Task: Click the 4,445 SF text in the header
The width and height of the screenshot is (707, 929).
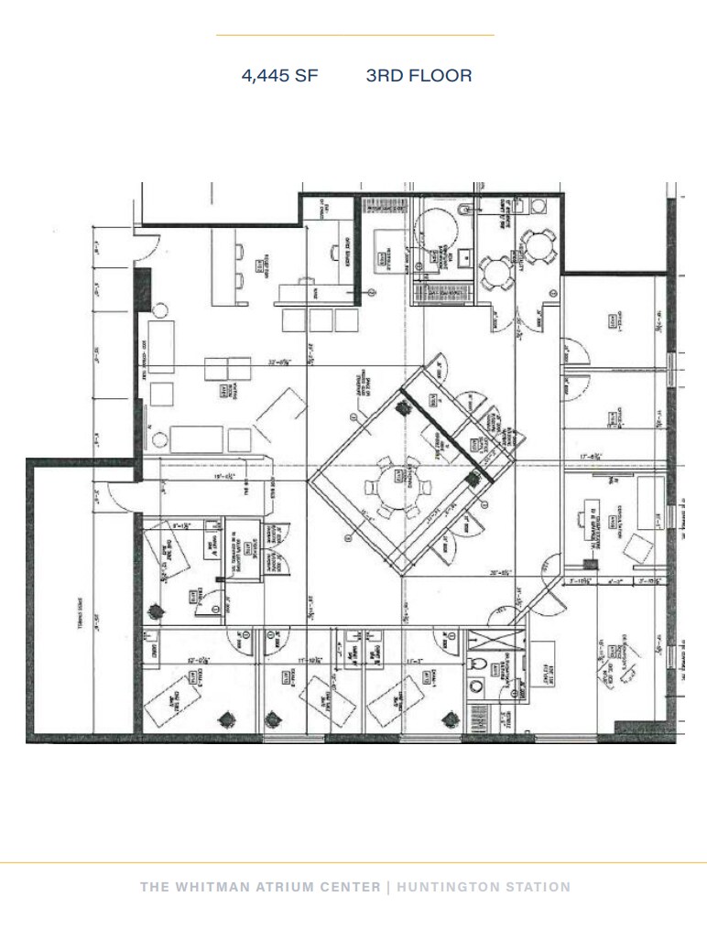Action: click(279, 76)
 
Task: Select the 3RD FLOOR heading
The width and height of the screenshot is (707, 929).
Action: click(419, 76)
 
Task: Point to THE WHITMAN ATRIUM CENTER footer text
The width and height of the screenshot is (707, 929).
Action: click(259, 887)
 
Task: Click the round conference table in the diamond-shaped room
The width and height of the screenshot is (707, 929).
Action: click(398, 479)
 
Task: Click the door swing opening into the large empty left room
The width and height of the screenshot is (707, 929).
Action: click(120, 497)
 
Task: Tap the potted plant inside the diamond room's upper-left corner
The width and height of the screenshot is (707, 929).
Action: click(401, 409)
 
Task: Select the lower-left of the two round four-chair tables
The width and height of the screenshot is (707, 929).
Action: click(495, 268)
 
